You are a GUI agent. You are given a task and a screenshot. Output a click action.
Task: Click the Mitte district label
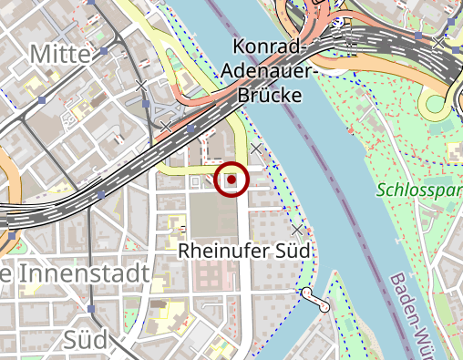(60, 54)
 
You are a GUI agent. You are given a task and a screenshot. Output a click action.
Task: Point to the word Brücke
(268, 93)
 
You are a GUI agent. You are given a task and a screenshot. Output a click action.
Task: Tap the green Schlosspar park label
(418, 192)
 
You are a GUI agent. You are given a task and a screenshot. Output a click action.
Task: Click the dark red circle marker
(231, 180)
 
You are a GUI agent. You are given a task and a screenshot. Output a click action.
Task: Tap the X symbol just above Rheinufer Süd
(298, 228)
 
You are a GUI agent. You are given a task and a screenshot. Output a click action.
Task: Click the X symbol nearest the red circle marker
(257, 148)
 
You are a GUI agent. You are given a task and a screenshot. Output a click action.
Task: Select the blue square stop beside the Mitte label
(105, 52)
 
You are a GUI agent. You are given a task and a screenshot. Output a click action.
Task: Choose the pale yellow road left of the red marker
(187, 170)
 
